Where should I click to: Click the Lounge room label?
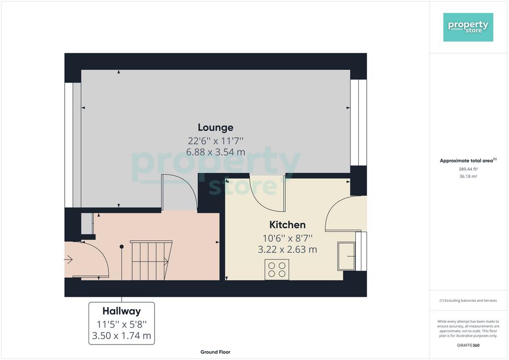point(216,128)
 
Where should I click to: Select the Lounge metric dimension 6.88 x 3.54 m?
point(216,152)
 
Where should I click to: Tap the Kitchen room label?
point(287,225)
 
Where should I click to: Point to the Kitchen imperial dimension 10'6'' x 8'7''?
point(287,238)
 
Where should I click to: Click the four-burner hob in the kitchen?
point(277,270)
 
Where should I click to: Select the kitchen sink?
point(346,256)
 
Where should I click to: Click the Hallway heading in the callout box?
point(121,311)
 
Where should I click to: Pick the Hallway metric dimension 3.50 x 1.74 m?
point(121,336)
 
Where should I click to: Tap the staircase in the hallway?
point(151,261)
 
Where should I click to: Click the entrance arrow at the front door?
point(69,260)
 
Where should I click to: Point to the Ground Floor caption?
point(215,352)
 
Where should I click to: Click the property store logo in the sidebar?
point(468,27)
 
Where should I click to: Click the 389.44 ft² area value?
point(468,169)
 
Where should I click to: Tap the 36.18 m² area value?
point(468,176)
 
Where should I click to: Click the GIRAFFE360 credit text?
point(468,346)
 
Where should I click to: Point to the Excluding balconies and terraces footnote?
point(468,301)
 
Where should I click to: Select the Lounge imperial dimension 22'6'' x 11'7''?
point(216,141)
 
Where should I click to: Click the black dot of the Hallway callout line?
point(122,247)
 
